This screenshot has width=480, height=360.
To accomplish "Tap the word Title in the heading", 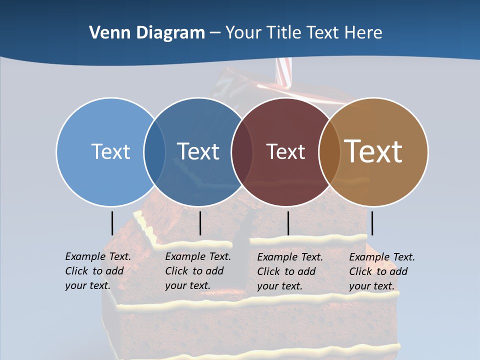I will coord(283,33).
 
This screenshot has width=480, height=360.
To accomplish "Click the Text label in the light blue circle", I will coord(110,151).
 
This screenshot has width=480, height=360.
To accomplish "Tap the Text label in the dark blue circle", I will coord(198,151).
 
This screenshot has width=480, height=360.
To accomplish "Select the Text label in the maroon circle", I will coord(285,152).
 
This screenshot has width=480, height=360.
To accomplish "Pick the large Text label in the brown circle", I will coord(373,151).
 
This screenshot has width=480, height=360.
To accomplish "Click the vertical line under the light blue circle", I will coord(112,223).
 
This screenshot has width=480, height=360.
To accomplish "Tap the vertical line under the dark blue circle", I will coord(200,223).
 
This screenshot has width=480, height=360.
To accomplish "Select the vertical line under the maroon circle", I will coord(288,223).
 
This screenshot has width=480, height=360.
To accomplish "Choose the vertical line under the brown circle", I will coord(372,223).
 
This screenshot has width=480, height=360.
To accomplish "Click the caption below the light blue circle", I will coord(97,271).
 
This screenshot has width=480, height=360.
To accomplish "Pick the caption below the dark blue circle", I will coord(197,271).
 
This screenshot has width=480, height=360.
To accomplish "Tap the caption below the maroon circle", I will coord(289,271).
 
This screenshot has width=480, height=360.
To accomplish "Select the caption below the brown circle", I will coord(381,271).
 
